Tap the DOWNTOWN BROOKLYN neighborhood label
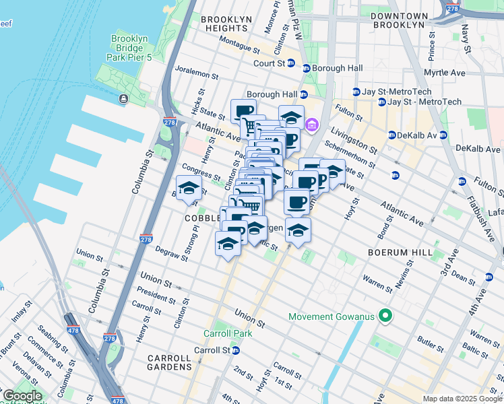(399, 20)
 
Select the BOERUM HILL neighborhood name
(394, 252)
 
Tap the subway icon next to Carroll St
(236, 350)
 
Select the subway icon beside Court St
(290, 64)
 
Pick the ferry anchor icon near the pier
(123, 99)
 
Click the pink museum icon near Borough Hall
(311, 125)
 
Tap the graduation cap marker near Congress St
(189, 188)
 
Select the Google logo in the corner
(22, 396)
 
